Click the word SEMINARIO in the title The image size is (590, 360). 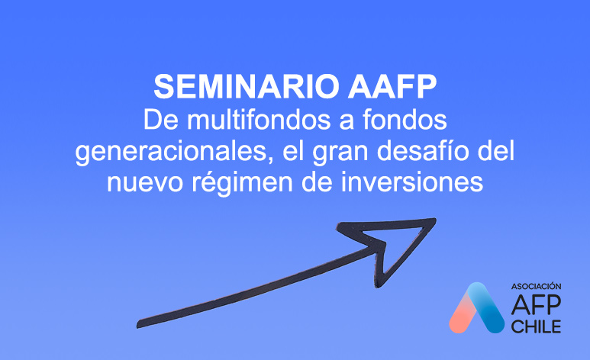point(247,87)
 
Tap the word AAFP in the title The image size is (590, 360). point(392,87)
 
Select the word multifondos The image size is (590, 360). point(259,120)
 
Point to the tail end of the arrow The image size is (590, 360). point(139,324)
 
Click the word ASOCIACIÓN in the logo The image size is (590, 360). point(536,286)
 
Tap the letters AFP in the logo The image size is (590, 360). point(536,304)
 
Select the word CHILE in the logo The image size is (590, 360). point(536,326)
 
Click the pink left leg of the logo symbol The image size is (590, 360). point(462,315)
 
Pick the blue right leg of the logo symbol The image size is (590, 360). point(487,307)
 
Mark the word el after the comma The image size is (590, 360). point(293,151)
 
